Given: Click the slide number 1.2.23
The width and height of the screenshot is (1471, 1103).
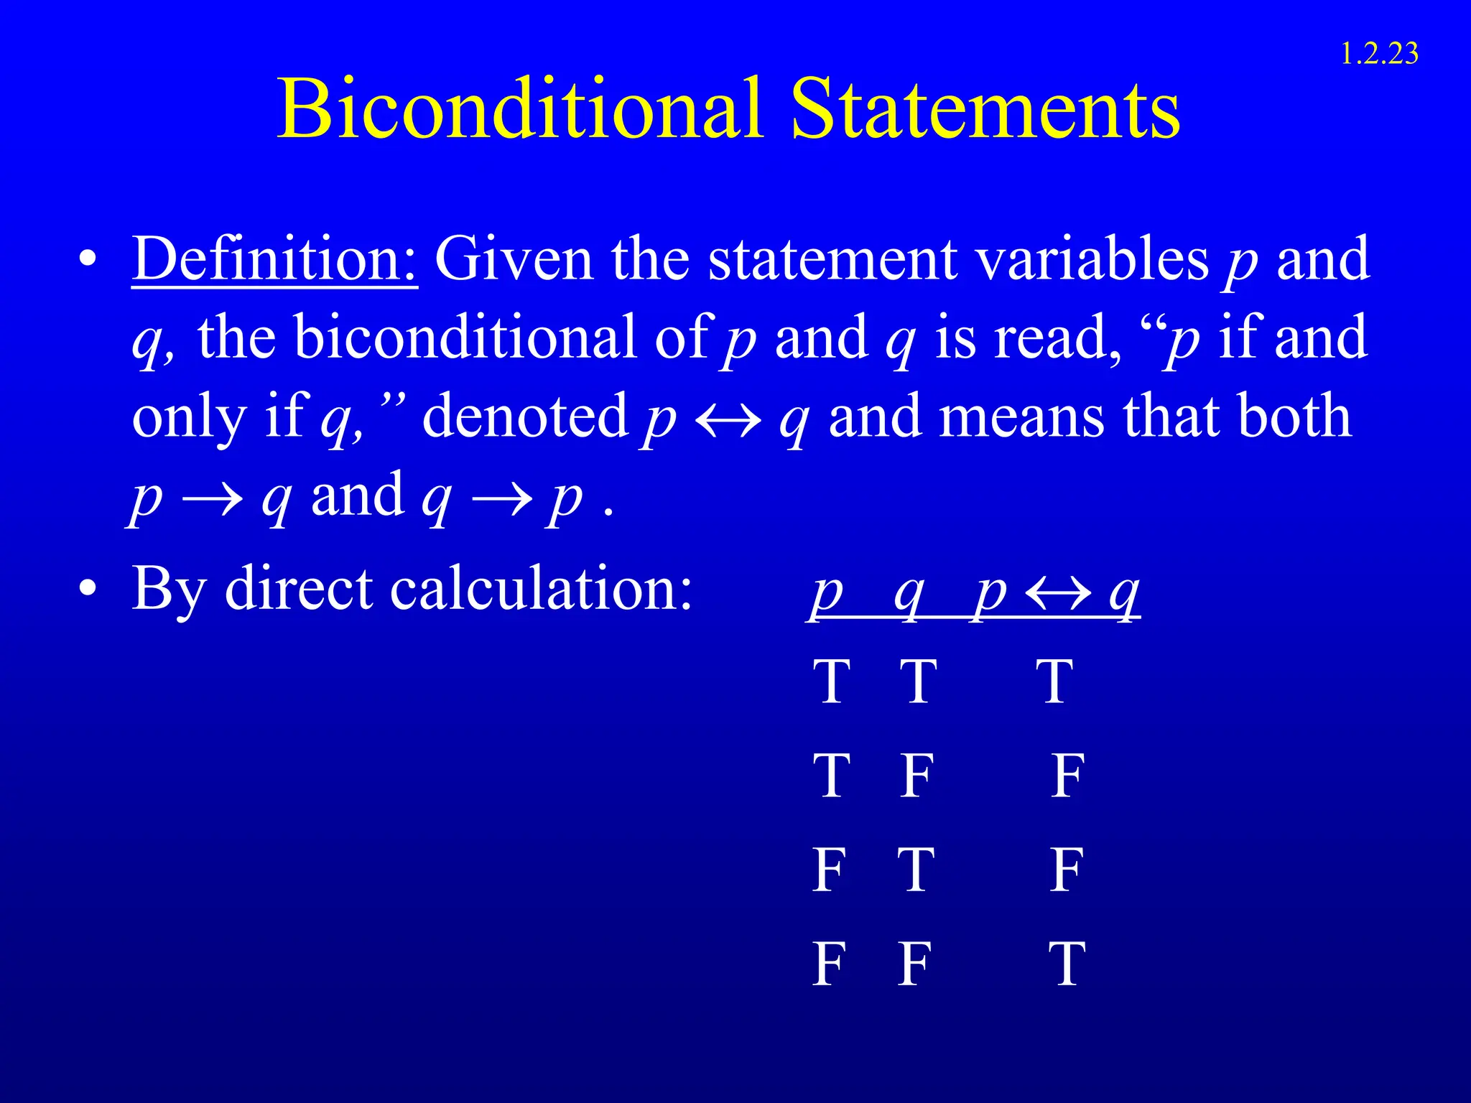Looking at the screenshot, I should click(1379, 54).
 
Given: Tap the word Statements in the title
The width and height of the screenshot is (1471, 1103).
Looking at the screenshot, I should click(985, 109).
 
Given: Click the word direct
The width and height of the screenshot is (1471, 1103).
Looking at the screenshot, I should click(299, 589).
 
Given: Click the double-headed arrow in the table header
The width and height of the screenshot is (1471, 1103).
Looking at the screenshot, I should click(1058, 595).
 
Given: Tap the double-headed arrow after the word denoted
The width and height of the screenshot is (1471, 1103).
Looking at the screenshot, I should click(728, 421).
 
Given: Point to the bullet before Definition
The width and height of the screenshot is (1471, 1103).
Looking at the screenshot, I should click(88, 260).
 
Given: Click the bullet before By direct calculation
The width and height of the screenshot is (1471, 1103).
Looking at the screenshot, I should click(88, 590).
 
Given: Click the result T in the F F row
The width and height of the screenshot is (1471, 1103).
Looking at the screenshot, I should click(1067, 964).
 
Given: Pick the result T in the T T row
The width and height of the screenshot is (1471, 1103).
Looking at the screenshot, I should click(1054, 681).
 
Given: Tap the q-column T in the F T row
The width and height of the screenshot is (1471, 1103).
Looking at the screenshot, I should click(917, 870).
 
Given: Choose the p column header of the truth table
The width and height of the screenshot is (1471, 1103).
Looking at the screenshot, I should click(827, 595).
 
